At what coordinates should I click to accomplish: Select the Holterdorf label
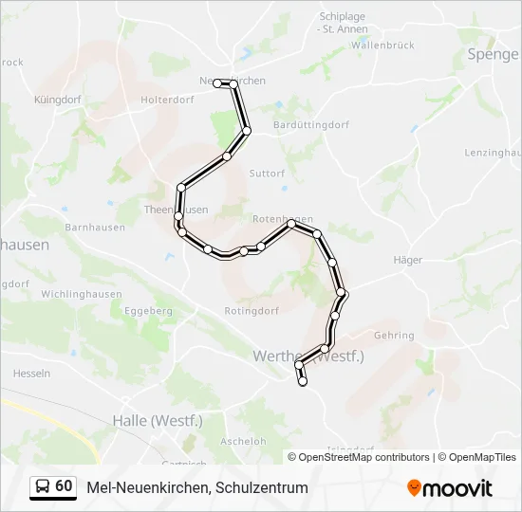166,99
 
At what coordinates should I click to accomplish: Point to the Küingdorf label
58,99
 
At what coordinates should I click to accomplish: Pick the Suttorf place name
267,174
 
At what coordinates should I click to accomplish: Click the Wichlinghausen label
82,294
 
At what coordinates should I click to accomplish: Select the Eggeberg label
148,310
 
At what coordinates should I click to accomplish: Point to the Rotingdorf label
251,310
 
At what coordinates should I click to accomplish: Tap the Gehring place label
394,336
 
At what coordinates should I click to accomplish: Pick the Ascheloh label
243,441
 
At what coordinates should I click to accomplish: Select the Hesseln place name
32,374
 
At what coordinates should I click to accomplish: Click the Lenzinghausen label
493,153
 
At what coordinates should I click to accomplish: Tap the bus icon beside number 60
43,486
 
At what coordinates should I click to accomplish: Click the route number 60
64,486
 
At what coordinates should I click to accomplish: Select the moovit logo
449,488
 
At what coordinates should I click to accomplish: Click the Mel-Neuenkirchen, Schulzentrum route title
197,487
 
